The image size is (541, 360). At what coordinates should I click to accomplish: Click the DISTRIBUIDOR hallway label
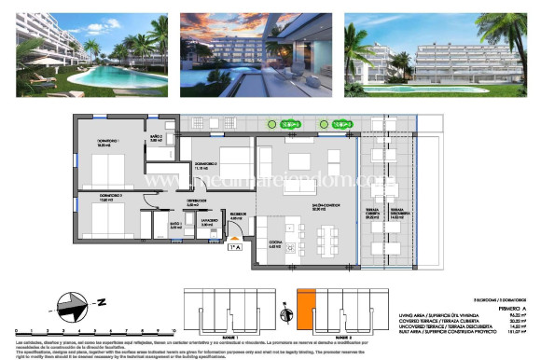coord(196,201)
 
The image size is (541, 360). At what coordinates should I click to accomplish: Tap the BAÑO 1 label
coord(174,225)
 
